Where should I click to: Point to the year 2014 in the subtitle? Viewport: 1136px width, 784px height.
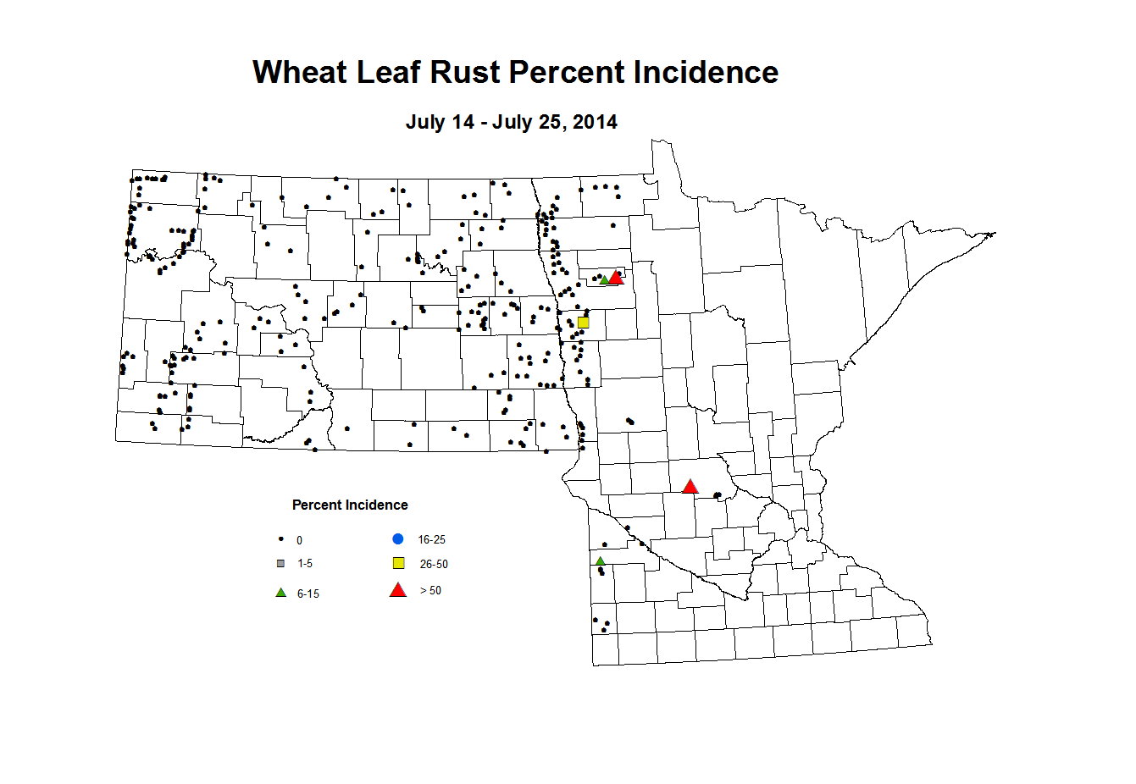595,122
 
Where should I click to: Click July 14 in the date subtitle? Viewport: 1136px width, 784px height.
440,122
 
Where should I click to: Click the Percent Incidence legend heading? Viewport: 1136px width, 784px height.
350,505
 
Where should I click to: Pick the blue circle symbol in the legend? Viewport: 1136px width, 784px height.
398,539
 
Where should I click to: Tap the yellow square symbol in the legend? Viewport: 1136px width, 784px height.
399,564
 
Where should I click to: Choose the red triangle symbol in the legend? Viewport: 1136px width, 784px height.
398,590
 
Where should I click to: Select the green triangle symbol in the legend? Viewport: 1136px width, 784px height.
281,593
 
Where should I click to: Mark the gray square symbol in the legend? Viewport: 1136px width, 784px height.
281,564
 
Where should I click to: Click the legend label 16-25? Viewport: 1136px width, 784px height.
431,540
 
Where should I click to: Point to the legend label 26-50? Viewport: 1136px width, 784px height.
434,565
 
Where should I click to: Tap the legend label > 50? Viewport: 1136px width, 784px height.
430,591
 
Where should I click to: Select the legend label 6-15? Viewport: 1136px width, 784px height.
308,594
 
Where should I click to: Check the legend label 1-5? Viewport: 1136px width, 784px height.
305,564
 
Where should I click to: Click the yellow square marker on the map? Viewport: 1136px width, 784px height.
583,323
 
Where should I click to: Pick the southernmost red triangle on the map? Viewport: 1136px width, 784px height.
690,487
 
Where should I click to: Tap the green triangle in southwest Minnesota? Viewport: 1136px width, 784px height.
600,561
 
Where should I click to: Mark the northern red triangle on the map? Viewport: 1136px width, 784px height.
616,278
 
